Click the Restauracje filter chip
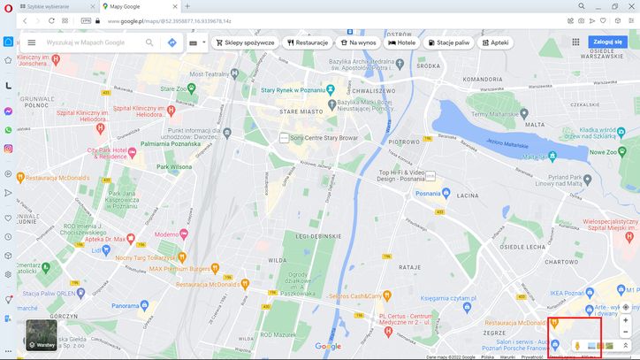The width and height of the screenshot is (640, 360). coord(307,42)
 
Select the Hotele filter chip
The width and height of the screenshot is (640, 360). coord(402,42)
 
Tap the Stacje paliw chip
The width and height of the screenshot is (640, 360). coord(448,42)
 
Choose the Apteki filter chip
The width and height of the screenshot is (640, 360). coord(495,42)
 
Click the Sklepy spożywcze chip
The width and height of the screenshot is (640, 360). coord(246,42)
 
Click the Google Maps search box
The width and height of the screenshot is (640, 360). coord(93,42)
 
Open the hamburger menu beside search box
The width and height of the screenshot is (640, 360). coord(32,42)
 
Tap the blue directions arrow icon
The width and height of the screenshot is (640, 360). coord(171,42)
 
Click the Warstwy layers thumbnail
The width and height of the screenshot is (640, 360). coord(41,333)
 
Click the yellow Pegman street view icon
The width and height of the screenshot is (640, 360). coord(576,344)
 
